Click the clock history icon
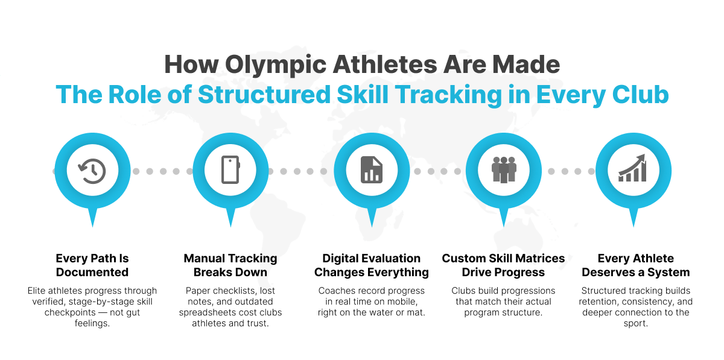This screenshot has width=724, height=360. (x=92, y=171)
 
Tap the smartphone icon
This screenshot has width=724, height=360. (x=230, y=170)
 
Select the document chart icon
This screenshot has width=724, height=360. (x=372, y=170)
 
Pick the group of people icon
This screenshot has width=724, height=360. (x=504, y=169)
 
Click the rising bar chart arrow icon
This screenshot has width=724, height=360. (x=632, y=168)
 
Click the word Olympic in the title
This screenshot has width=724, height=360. (x=276, y=65)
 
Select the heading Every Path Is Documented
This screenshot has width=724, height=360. (x=92, y=265)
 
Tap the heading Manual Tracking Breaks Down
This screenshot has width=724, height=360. (x=230, y=265)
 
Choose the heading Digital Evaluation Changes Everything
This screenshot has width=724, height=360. (x=372, y=265)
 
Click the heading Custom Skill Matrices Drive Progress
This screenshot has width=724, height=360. (x=503, y=265)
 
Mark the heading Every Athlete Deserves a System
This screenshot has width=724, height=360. (x=636, y=265)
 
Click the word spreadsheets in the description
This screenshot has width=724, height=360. (x=209, y=312)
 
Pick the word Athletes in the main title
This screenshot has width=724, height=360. (x=385, y=65)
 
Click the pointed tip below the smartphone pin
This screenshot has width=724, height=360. (x=230, y=227)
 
